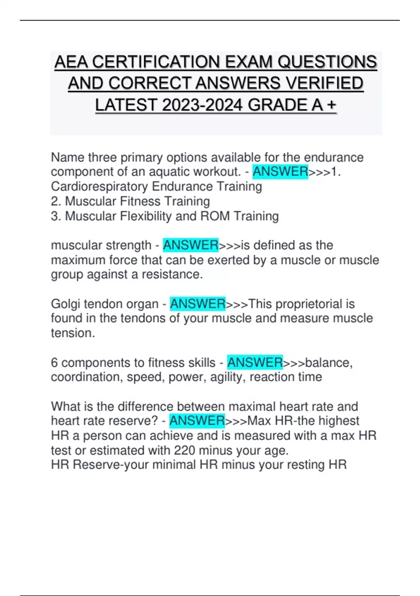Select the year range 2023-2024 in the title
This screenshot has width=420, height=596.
(x=202, y=105)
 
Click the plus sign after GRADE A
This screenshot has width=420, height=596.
(x=331, y=105)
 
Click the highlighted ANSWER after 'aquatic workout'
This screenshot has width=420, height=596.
(x=280, y=172)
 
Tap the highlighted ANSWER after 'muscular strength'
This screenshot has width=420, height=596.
(x=191, y=245)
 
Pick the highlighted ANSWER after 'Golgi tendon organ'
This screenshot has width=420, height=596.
(x=198, y=304)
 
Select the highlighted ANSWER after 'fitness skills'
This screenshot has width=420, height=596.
(x=255, y=363)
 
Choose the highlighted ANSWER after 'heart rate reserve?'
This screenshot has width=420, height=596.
(x=197, y=421)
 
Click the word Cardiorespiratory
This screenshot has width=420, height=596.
(x=99, y=187)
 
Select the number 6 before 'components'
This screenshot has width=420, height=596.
(x=54, y=363)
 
